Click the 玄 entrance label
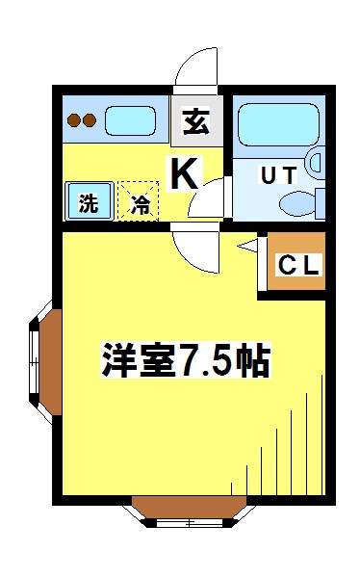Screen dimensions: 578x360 click(197, 121)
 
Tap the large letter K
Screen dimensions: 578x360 click(186, 173)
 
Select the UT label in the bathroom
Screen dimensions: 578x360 click(278, 175)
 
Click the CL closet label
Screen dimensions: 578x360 click(298, 265)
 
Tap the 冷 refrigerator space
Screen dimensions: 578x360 click(140, 203)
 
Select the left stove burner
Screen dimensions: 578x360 click(74, 121)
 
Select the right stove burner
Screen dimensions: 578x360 click(90, 121)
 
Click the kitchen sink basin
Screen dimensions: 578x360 click(130, 121)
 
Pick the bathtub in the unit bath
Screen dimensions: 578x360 click(279, 124)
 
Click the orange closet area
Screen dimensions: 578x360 click(296, 263)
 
